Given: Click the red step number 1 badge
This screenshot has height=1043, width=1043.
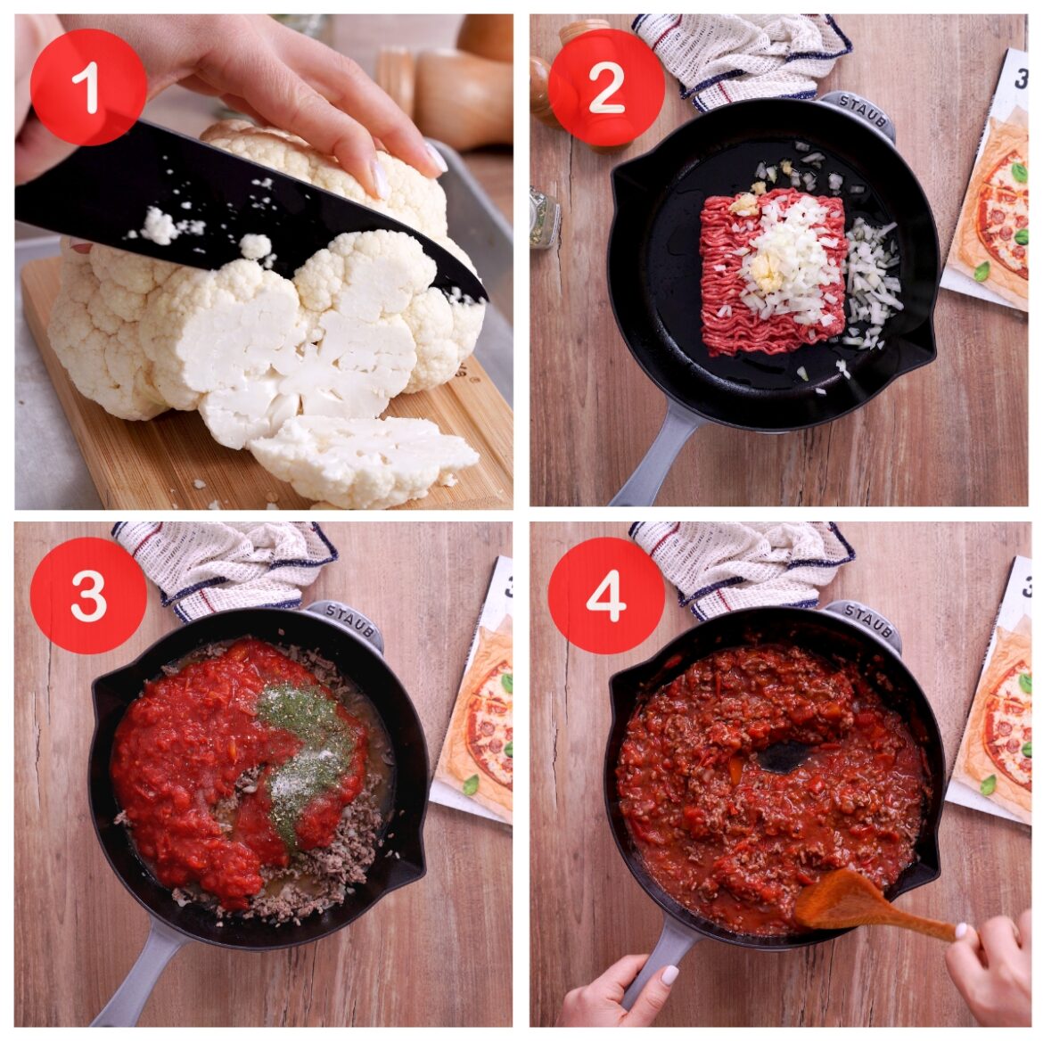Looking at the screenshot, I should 88,86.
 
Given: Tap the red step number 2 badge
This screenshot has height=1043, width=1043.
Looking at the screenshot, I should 606,86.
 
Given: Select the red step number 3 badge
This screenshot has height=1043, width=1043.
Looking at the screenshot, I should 88,595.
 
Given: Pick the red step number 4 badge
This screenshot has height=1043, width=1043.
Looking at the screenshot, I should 606,595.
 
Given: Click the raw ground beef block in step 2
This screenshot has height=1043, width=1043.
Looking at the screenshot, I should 772,272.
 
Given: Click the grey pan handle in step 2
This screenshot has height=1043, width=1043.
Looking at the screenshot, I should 651,464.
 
